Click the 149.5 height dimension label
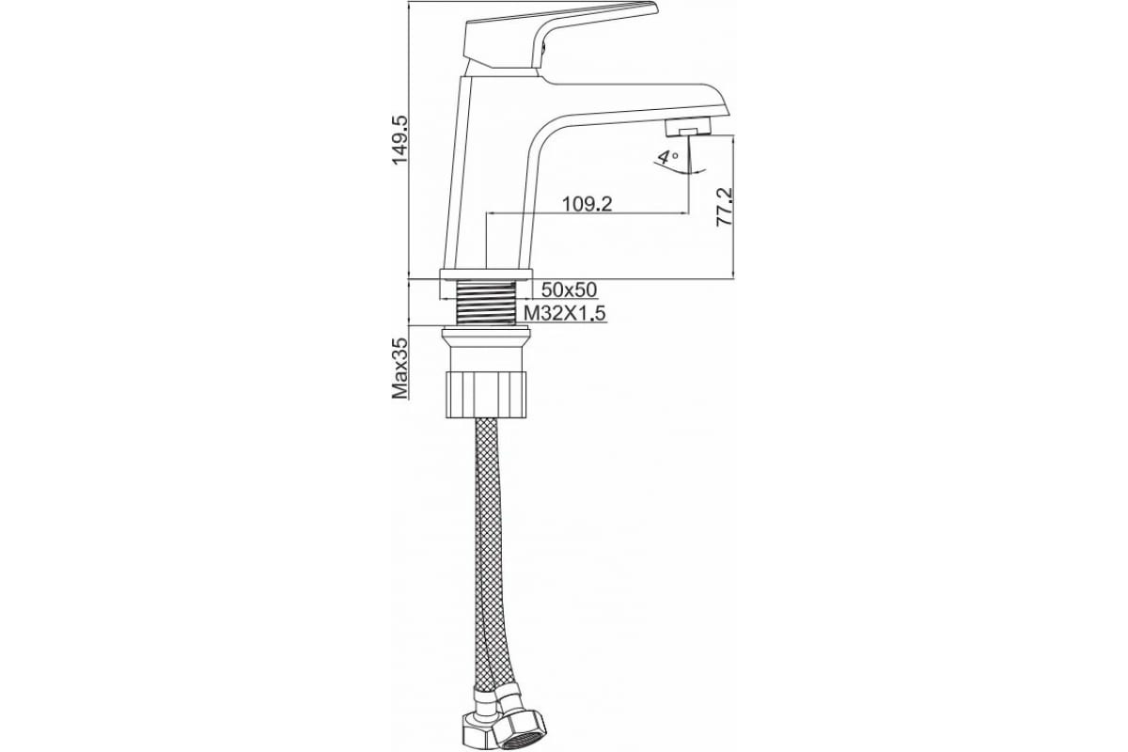(x=399, y=141)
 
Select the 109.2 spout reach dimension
(x=587, y=203)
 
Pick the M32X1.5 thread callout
(x=564, y=313)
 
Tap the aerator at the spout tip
(x=688, y=128)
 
